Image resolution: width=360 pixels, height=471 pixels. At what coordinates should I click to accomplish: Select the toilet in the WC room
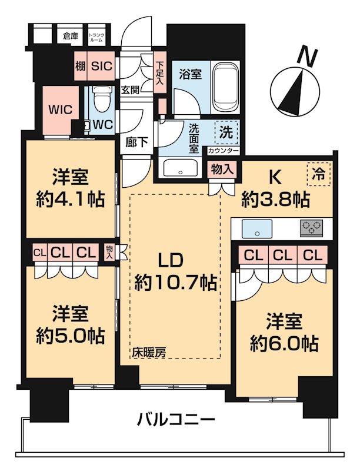tap(102, 101)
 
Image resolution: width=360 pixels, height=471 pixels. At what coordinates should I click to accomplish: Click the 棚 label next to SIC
tap(81, 66)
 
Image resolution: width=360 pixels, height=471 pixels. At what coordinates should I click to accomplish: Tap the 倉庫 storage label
tap(71, 36)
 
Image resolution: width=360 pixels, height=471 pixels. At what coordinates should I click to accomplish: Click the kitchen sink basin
tap(257, 227)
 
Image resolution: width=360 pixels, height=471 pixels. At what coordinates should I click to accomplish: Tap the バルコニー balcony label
tap(176, 420)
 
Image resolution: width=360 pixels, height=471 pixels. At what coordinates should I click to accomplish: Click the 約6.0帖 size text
tap(285, 341)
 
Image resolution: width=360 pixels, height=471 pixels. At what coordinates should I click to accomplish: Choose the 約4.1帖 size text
tap(70, 199)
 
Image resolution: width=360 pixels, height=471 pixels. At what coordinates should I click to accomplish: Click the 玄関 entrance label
tap(130, 90)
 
